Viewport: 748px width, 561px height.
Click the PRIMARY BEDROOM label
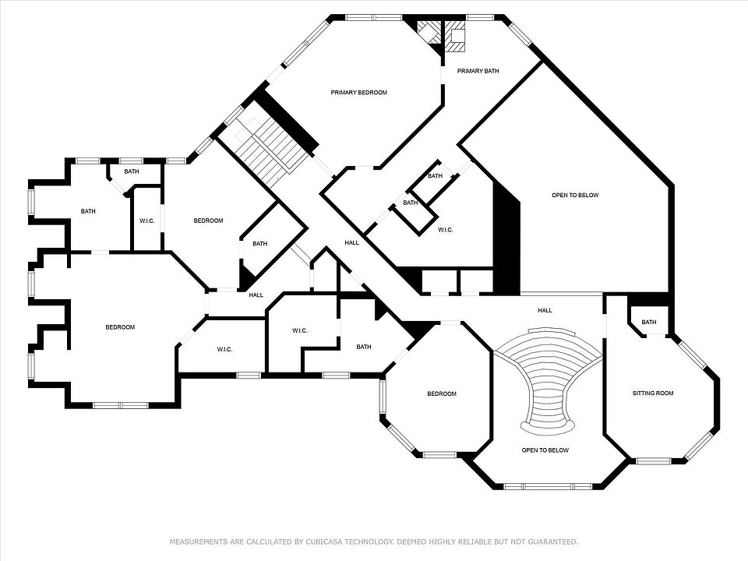pyautogui.click(x=358, y=93)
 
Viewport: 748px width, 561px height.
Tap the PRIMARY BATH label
pyautogui.click(x=478, y=71)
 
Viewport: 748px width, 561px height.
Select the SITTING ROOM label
pyautogui.click(x=653, y=393)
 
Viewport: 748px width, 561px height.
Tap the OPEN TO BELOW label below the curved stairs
pyautogui.click(x=545, y=450)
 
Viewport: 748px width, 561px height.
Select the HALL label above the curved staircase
pyautogui.click(x=545, y=310)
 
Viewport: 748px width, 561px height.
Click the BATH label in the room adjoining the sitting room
pyautogui.click(x=649, y=322)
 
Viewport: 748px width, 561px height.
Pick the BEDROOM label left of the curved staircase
pyautogui.click(x=442, y=393)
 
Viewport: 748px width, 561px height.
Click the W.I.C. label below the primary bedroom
pyautogui.click(x=446, y=230)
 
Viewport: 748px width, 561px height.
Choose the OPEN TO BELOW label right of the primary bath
pyautogui.click(x=575, y=195)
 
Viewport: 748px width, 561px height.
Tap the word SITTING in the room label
pyautogui.click(x=643, y=393)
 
